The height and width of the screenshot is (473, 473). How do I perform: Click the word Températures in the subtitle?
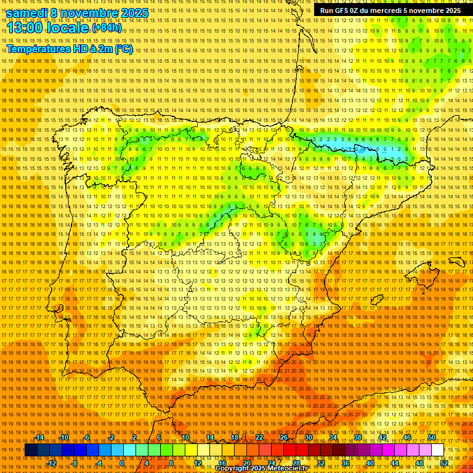click(x=39, y=49)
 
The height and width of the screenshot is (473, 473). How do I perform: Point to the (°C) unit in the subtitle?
click(x=123, y=49)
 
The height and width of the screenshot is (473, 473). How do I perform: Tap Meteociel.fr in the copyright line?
click(x=289, y=469)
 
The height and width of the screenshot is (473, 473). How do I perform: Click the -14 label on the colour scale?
click(x=40, y=437)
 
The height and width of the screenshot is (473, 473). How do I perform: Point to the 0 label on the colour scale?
click(x=122, y=463)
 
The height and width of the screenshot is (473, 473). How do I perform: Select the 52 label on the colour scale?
click(x=443, y=463)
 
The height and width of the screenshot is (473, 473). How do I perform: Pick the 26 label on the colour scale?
click(x=284, y=437)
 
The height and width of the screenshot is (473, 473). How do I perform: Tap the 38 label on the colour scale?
click(x=357, y=437)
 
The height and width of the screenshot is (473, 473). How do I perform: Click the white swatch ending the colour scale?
click(x=438, y=450)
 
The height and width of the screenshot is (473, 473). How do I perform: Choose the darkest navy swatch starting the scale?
click(x=31, y=450)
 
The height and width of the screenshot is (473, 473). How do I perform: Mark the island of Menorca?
click(x=456, y=262)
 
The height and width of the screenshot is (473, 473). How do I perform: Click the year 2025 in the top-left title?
click(x=134, y=13)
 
